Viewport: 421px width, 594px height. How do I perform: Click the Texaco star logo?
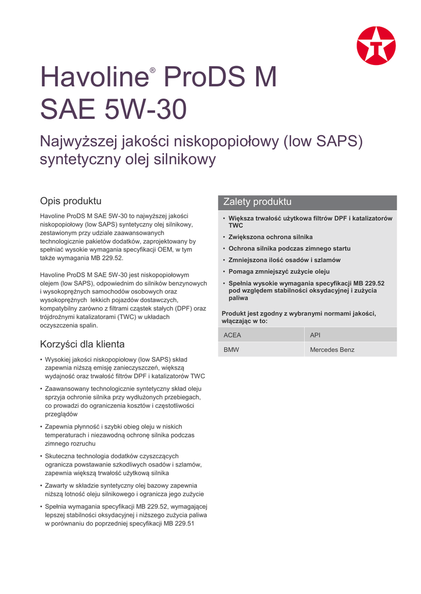click(x=376, y=46)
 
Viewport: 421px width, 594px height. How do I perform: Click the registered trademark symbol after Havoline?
click(x=153, y=71)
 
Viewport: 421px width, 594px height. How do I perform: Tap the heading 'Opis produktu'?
click(x=70, y=201)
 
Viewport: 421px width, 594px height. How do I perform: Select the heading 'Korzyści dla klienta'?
click(x=82, y=344)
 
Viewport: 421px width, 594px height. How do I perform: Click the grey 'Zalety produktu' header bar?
click(x=307, y=202)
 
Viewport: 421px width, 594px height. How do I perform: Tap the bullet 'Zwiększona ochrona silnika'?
click(x=271, y=237)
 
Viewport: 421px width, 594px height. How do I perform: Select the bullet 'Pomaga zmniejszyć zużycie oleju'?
click(x=279, y=271)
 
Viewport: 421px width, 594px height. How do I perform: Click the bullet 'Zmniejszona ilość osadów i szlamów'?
click(x=285, y=260)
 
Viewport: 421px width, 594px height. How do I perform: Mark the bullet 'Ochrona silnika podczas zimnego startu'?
click(x=289, y=248)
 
